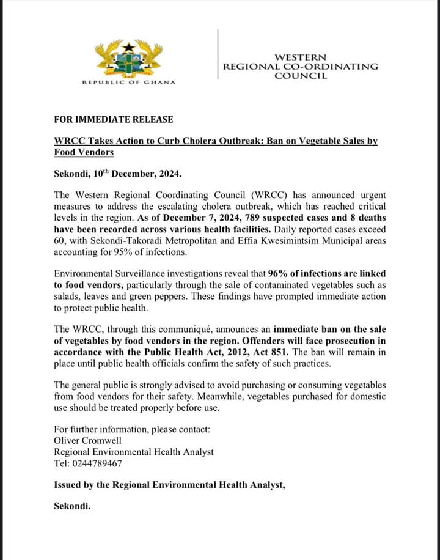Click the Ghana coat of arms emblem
click(128, 57)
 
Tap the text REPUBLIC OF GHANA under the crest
click(128, 83)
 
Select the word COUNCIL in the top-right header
click(300, 76)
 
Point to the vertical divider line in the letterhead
click(218, 54)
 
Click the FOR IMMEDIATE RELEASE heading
click(114, 119)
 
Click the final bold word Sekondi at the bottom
click(72, 507)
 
